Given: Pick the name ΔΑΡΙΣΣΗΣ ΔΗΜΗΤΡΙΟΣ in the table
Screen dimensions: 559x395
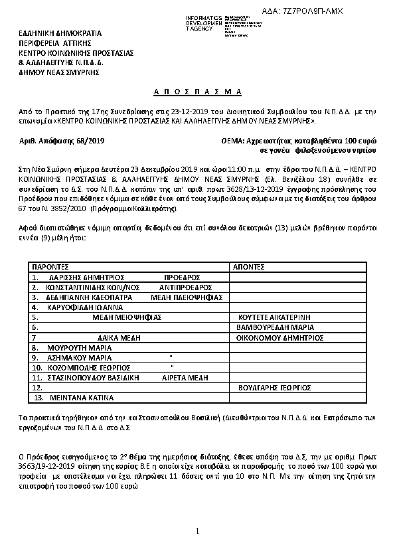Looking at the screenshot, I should [x=78, y=277].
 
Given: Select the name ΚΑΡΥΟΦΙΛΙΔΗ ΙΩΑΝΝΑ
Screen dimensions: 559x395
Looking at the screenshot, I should [x=80, y=307].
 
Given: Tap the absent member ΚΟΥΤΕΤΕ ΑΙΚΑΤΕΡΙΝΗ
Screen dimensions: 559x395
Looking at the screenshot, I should [x=270, y=317].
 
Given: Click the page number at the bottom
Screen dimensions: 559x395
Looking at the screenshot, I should [x=197, y=531].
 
